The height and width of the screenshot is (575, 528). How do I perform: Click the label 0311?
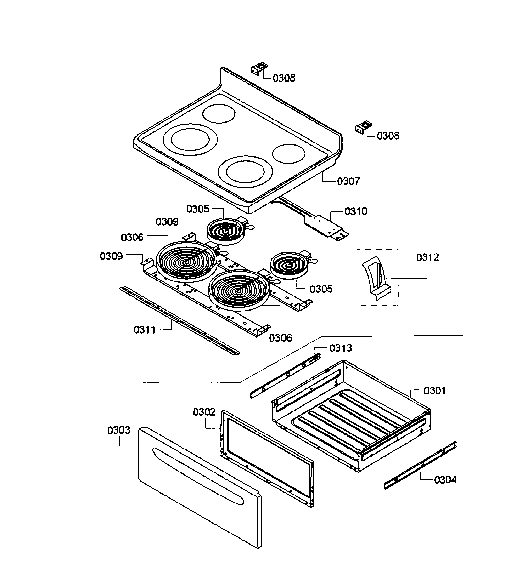point(144,330)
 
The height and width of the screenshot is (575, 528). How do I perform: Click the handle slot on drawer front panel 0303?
point(197,475)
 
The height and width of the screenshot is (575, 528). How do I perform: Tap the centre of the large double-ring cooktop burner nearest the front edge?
point(245,172)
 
